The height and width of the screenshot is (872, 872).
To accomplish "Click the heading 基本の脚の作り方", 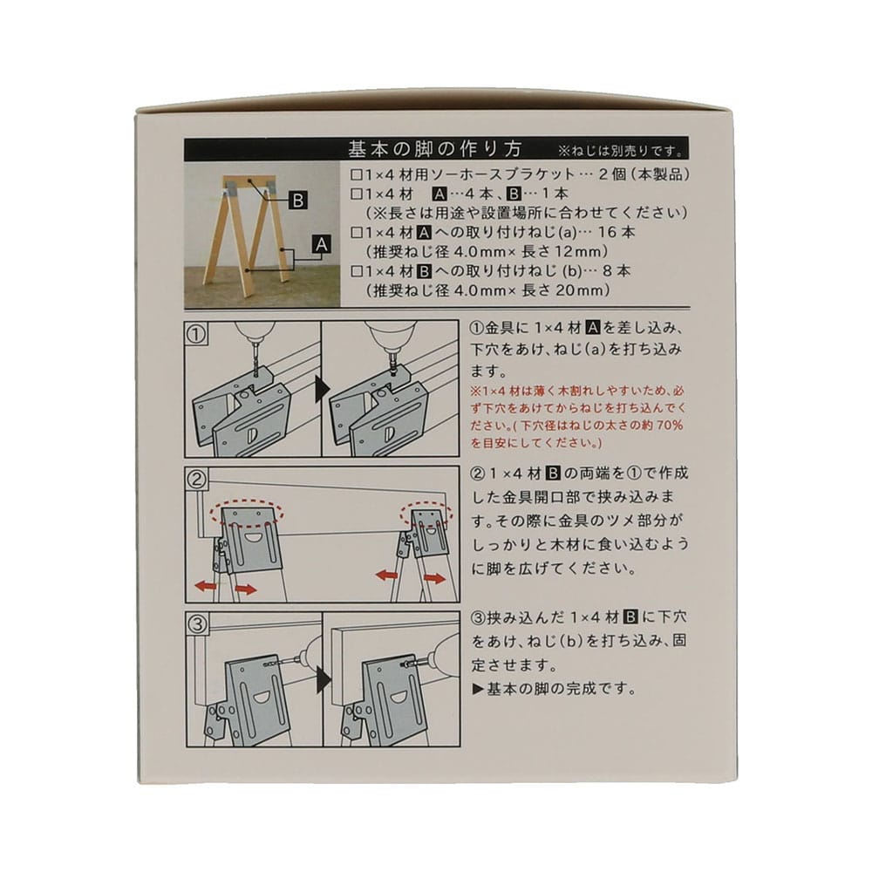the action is click(x=435, y=150).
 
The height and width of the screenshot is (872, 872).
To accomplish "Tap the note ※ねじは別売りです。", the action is click(x=621, y=151).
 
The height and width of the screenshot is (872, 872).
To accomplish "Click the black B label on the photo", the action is click(x=298, y=201).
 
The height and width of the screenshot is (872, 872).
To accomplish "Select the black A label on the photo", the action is click(x=322, y=244).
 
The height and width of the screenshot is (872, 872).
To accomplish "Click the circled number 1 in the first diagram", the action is click(x=196, y=334).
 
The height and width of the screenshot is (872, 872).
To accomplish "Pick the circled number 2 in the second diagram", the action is click(x=197, y=479).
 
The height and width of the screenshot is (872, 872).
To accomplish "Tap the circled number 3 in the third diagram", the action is click(x=197, y=624).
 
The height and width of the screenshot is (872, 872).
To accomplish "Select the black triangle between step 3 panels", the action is click(x=322, y=679).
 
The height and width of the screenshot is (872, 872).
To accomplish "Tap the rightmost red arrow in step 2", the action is click(x=435, y=578).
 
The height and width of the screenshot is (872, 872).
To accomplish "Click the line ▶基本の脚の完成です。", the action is click(x=554, y=689).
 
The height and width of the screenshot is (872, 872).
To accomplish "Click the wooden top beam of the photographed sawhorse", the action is click(x=249, y=182).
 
